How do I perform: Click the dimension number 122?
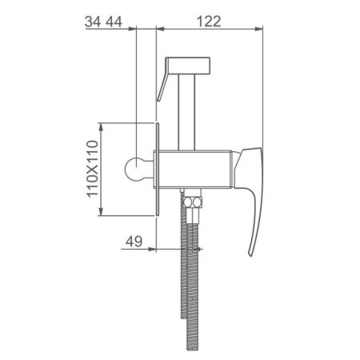point(209,22)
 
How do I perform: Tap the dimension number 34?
point(93,22)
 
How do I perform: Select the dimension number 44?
point(114,22)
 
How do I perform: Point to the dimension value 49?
point(134,242)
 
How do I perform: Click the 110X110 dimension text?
point(93,169)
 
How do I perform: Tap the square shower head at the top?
point(188,66)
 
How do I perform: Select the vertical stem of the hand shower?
point(187,112)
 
